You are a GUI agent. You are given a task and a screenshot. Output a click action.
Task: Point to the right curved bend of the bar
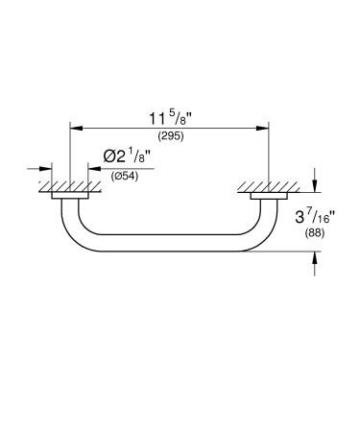pos(260,237)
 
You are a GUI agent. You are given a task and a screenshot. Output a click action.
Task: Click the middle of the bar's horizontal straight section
pos(169,247)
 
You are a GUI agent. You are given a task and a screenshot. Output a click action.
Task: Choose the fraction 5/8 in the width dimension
pos(180,114)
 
